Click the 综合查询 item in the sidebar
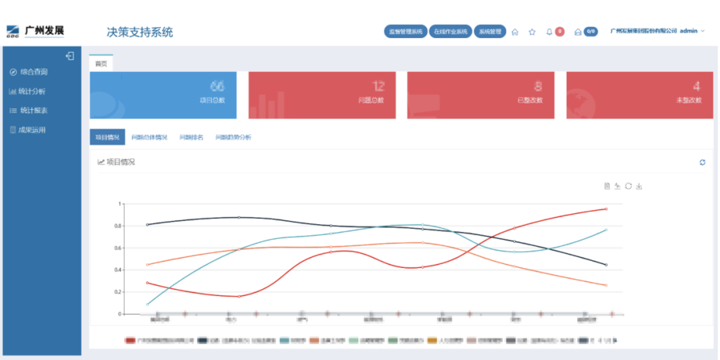[x=33, y=72]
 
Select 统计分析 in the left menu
[x=31, y=91]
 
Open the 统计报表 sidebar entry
[x=33, y=110]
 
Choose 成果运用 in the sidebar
[x=31, y=130]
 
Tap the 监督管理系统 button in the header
[x=405, y=32]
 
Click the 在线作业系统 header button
[x=450, y=32]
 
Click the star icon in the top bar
[x=532, y=32]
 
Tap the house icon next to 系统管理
[x=515, y=32]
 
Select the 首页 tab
[x=101, y=64]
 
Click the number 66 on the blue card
[x=217, y=86]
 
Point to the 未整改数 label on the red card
[x=689, y=100]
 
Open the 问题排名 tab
[x=191, y=137]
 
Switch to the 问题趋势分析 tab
[x=233, y=137]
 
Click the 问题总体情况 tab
[x=149, y=137]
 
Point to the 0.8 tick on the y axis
[x=117, y=226]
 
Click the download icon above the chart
[x=639, y=186]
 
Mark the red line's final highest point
[x=606, y=209]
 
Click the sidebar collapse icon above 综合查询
[x=70, y=56]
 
